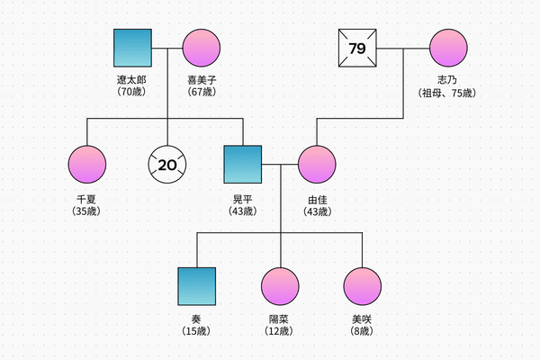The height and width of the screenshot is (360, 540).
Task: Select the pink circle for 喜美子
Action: (202, 49)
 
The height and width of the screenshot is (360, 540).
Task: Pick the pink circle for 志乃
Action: (448, 49)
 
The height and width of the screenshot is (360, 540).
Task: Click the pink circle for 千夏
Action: (87, 164)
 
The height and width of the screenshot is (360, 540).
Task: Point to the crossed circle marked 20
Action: (168, 164)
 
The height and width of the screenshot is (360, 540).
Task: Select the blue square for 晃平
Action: (243, 164)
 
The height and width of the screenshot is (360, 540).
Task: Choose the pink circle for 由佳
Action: (318, 164)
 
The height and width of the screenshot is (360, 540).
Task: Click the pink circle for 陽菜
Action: (280, 286)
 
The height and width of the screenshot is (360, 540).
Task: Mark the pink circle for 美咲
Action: (362, 286)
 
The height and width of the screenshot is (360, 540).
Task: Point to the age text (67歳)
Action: (202, 91)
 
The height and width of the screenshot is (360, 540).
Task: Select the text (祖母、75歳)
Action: (447, 91)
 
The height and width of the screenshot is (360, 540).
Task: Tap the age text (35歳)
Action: (86, 211)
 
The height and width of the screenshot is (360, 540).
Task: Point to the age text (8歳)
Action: (362, 331)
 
